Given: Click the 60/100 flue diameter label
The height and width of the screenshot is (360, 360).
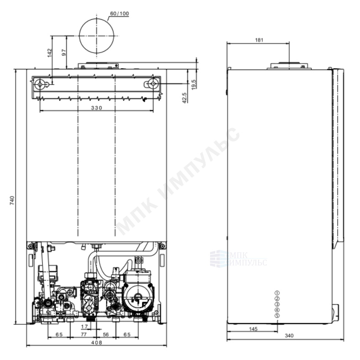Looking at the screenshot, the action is pyautogui.click(x=119, y=14).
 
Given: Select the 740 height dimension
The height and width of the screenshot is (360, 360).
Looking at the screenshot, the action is pyautogui.click(x=12, y=200).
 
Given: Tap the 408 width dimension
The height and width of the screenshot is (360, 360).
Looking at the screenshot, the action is pyautogui.click(x=97, y=342).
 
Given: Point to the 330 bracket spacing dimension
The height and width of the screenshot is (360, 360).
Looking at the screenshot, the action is pyautogui.click(x=96, y=108).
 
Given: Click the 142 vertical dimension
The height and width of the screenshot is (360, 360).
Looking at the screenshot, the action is pyautogui.click(x=50, y=53).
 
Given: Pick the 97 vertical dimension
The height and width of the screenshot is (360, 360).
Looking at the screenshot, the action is pyautogui.click(x=64, y=53).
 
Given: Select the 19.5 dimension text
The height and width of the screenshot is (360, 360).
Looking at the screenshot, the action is pyautogui.click(x=194, y=84).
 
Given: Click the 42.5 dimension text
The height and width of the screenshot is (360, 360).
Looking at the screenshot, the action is pyautogui.click(x=185, y=98).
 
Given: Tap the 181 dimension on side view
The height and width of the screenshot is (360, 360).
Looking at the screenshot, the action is pyautogui.click(x=259, y=40).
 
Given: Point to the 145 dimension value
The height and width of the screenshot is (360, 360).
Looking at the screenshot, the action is pyautogui.click(x=253, y=329).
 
